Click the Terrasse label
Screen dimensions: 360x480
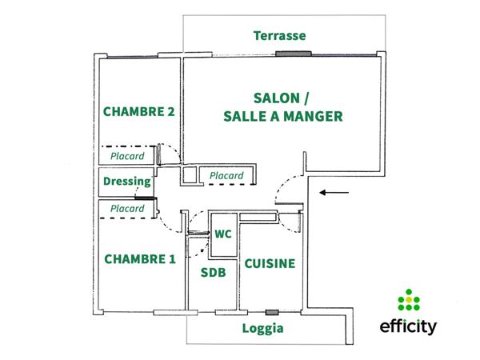coord(280,35)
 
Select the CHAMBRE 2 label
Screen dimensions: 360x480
coord(138,112)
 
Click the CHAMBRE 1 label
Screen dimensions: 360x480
coord(138,259)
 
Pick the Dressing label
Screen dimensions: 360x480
coord(127,182)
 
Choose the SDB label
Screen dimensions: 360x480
coord(213,273)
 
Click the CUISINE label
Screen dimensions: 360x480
coord(270,263)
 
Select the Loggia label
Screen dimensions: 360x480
coord(263,328)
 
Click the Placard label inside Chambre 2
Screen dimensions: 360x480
coord(127,157)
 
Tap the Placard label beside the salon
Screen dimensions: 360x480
coord(226,176)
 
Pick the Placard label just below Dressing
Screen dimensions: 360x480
coord(127,209)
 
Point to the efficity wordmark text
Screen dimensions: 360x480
coord(408,327)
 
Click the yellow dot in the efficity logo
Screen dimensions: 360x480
coord(409,300)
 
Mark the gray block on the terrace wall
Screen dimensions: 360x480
coord(284,54)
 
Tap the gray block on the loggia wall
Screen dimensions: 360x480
coord(272,311)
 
